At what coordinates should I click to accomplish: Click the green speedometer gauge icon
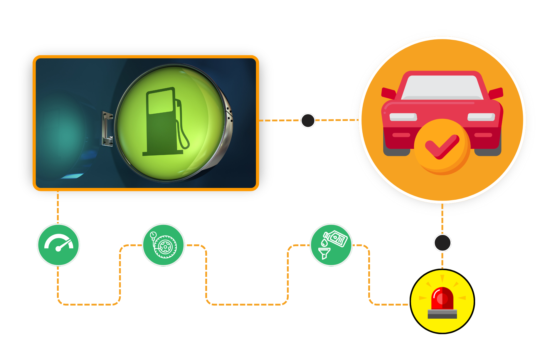click(x=58, y=245)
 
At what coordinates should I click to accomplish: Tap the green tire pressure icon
click(x=163, y=245)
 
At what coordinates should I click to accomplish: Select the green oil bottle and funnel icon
click(x=331, y=245)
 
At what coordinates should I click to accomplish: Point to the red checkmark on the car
click(x=442, y=147)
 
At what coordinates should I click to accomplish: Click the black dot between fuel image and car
click(x=308, y=120)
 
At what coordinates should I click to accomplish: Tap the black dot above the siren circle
click(x=443, y=243)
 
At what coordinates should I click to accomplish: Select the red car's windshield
click(x=442, y=87)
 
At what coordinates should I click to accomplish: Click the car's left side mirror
click(x=388, y=93)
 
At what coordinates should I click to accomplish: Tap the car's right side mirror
click(x=496, y=93)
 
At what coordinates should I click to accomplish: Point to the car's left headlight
click(x=403, y=117)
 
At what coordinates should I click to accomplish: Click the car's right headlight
click(x=481, y=117)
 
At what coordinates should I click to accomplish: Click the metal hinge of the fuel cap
click(x=107, y=129)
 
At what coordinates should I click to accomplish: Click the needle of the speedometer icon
click(x=64, y=245)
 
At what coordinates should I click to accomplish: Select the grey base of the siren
click(x=442, y=314)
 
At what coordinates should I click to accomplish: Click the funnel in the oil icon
click(x=324, y=253)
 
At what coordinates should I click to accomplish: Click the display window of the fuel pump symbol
click(x=161, y=102)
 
